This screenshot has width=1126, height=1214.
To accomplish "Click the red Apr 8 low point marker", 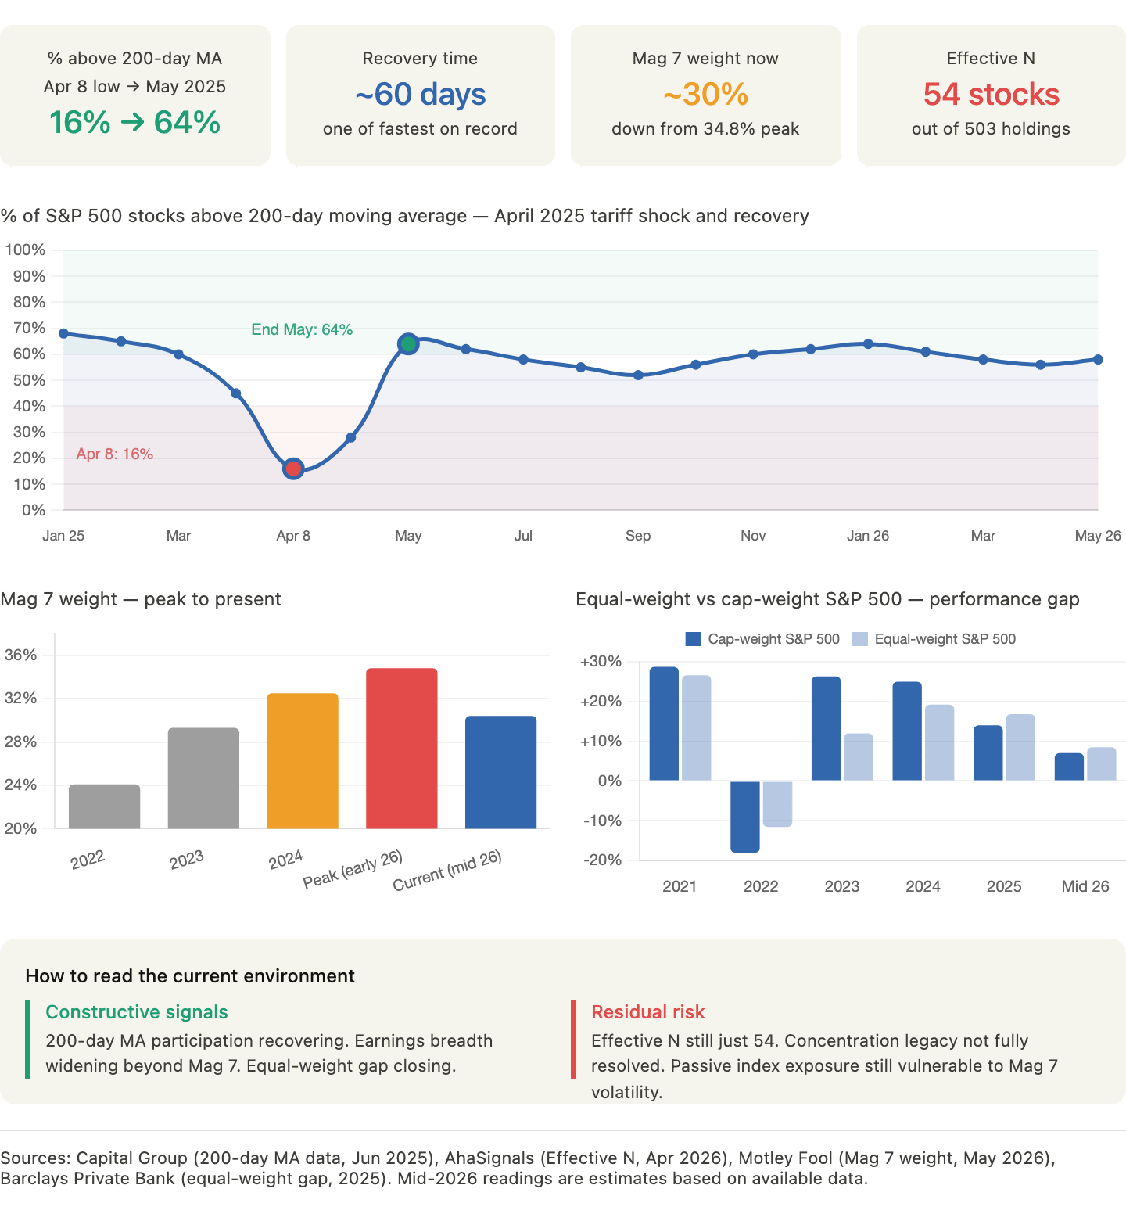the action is tap(293, 469).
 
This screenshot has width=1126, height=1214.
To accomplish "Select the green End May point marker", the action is tap(408, 343).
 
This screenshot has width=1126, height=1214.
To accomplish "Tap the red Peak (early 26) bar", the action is tap(402, 748).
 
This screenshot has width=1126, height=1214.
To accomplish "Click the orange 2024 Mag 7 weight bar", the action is tap(303, 760).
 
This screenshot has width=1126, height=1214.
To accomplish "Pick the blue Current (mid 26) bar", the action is tap(500, 772).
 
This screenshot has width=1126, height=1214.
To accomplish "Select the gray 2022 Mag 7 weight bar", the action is tap(105, 806).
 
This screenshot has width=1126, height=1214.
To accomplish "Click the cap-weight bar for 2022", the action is tap(745, 817).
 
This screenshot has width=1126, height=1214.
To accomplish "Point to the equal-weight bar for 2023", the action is tap(859, 756).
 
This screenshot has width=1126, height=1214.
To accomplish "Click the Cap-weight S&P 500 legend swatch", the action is tap(693, 639).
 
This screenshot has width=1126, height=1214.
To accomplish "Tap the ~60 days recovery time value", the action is tap(421, 95).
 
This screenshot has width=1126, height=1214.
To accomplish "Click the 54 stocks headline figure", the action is tap(992, 95).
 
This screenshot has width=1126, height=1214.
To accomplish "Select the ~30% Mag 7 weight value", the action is tap(706, 95).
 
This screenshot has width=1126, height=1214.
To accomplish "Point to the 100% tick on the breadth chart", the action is tap(25, 250).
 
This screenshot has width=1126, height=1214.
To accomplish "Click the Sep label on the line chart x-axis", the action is tap(638, 536).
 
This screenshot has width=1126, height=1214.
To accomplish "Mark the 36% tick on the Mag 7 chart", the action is tap(21, 655).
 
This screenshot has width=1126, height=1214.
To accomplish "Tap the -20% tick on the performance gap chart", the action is tap(602, 860).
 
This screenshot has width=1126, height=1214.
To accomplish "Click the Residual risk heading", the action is tap(648, 1012).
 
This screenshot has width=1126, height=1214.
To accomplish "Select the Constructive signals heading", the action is tap(137, 1012).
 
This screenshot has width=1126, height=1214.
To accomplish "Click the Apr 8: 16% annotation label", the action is tap(115, 454).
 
